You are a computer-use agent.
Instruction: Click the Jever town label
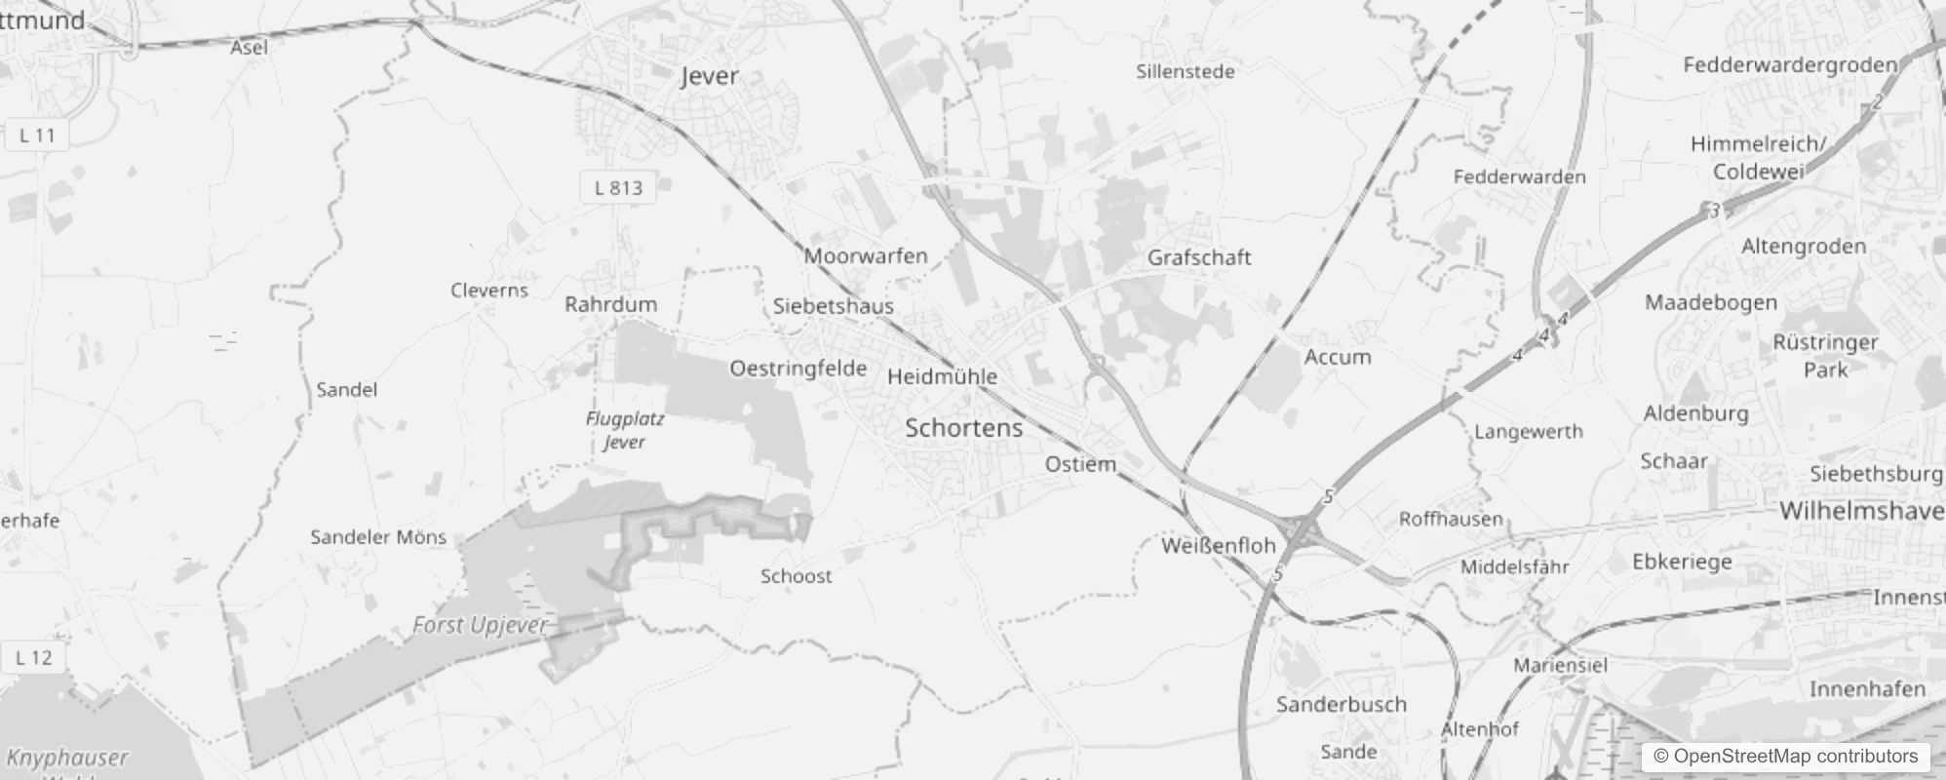pyautogui.click(x=710, y=76)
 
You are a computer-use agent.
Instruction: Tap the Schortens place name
pyautogui.click(x=963, y=427)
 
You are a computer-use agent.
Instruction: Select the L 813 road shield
pyautogui.click(x=619, y=187)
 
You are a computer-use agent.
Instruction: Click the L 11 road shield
pyautogui.click(x=37, y=136)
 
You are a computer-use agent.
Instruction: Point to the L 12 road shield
pyautogui.click(x=34, y=657)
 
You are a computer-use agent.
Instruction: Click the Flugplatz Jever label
pyautogui.click(x=625, y=430)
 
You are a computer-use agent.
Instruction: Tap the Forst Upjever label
pyautogui.click(x=480, y=625)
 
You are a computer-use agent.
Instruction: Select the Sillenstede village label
pyautogui.click(x=1186, y=71)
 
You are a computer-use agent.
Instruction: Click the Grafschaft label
pyautogui.click(x=1199, y=257)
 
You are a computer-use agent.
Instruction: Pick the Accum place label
pyautogui.click(x=1338, y=357)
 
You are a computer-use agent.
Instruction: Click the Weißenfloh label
pyautogui.click(x=1219, y=546)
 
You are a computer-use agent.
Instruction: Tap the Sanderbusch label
pyautogui.click(x=1342, y=704)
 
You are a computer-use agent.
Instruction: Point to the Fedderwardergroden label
pyautogui.click(x=1790, y=65)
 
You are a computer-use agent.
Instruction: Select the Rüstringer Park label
pyautogui.click(x=1825, y=356)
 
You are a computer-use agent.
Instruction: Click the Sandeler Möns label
pyautogui.click(x=378, y=537)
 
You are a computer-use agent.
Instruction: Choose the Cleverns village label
pyautogui.click(x=489, y=291)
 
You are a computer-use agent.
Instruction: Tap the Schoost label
pyautogui.click(x=797, y=576)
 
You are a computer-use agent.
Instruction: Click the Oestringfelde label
pyautogui.click(x=798, y=369)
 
